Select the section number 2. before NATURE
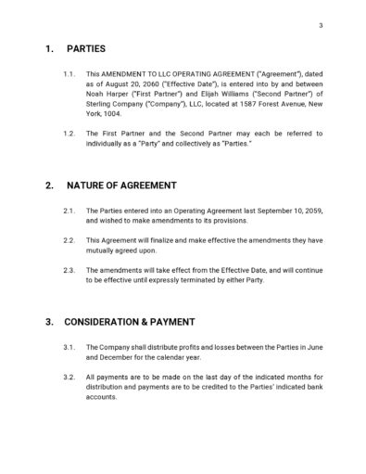(x=50, y=186)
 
